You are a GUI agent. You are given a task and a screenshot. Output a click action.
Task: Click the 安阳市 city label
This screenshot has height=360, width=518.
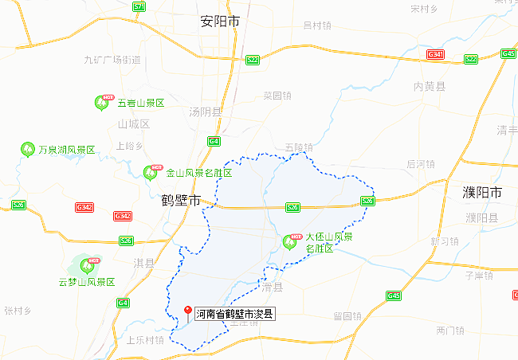(x=220, y=22)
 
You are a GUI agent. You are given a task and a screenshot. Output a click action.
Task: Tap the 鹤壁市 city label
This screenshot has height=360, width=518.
(x=180, y=199)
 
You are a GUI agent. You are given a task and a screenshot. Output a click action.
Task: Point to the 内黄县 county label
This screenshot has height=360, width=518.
(x=430, y=85)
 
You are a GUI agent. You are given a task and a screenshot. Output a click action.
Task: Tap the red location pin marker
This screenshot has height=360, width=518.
(x=187, y=311)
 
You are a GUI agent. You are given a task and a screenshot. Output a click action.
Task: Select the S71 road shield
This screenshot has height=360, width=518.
(x=139, y=6)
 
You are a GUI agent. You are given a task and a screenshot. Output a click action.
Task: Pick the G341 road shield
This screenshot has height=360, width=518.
(x=435, y=55)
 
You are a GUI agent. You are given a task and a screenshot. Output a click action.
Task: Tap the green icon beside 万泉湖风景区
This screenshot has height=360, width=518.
(x=26, y=149)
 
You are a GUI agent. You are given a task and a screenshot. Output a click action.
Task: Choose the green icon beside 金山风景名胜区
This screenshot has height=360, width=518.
(x=151, y=173)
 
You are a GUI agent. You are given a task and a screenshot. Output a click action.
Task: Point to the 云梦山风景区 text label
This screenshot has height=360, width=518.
(x=87, y=282)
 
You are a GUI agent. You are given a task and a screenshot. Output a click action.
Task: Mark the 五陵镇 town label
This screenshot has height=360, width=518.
(x=300, y=147)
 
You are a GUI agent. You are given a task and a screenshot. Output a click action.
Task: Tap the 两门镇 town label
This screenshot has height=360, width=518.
(x=450, y=330)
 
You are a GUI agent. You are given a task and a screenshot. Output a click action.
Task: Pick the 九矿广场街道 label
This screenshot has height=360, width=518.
(x=112, y=60)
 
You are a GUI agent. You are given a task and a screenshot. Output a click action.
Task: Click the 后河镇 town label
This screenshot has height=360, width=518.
(x=420, y=164)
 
